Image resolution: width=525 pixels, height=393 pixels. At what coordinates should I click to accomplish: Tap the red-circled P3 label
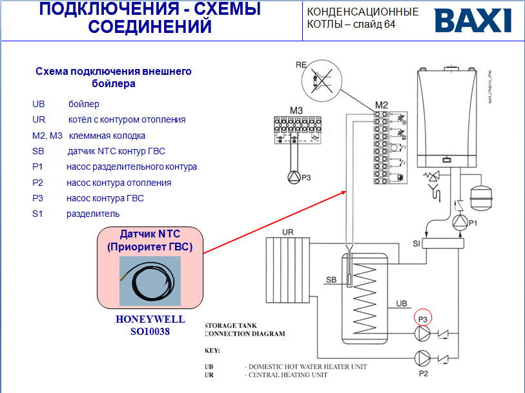[x=423, y=318]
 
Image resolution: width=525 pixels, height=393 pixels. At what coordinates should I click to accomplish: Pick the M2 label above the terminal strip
[x=381, y=105]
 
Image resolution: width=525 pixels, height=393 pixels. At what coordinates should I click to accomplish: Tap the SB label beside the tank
[x=331, y=279]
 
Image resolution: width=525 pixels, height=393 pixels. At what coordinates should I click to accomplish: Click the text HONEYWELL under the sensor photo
[x=150, y=319]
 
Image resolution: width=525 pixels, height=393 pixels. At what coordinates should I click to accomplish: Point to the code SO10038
[x=150, y=331]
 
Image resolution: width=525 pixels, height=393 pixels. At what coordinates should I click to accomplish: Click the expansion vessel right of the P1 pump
[x=481, y=196]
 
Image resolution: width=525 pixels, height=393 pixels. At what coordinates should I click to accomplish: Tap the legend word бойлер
[x=84, y=103]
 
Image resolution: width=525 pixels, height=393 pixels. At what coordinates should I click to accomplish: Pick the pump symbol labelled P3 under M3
[x=292, y=177]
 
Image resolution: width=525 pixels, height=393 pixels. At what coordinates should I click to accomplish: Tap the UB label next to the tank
[x=401, y=303]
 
